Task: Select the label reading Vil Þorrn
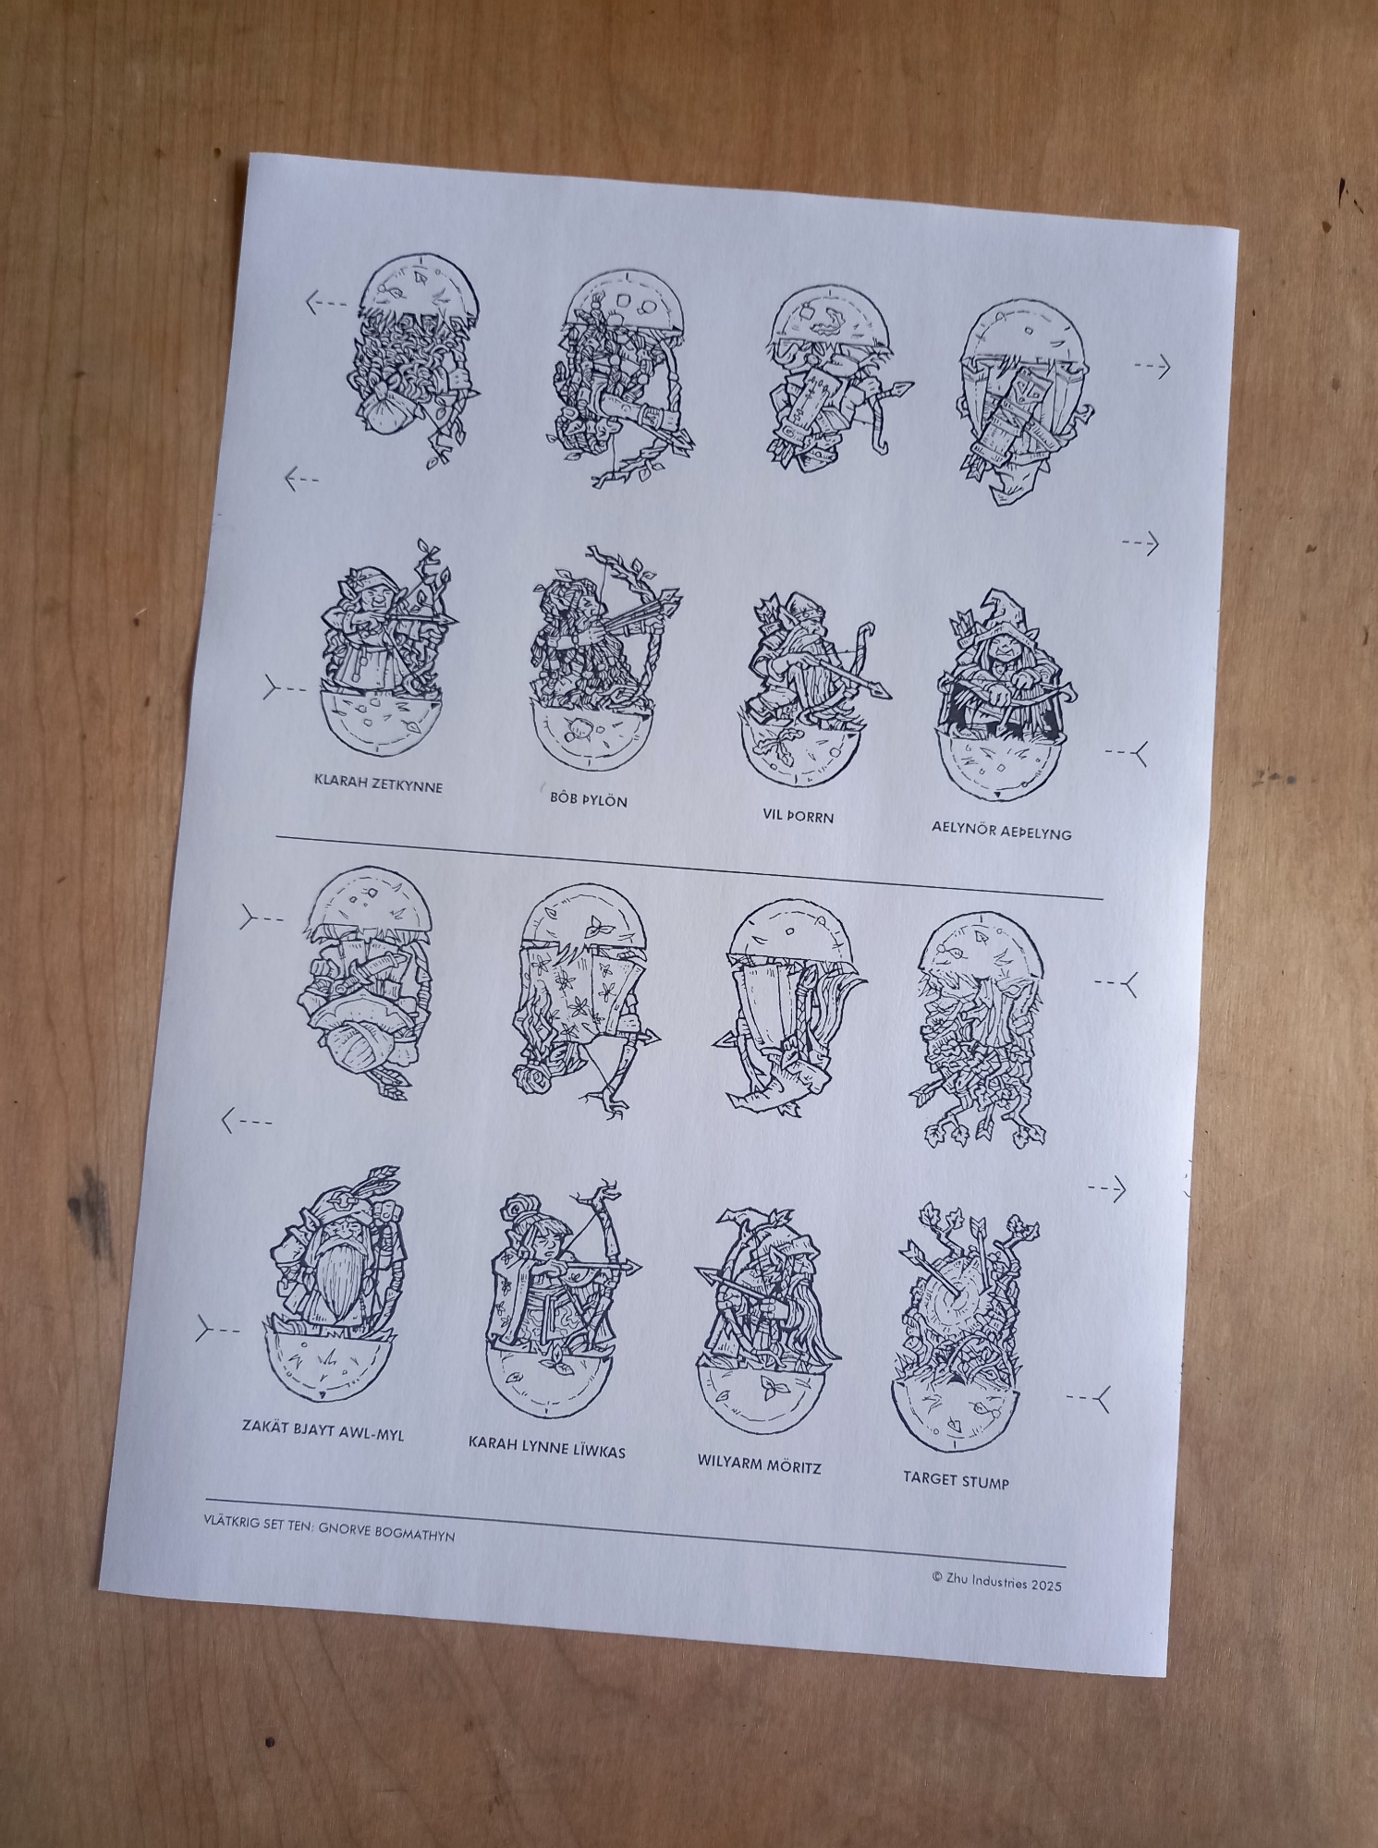click(799, 816)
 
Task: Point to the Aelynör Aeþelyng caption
click(1001, 832)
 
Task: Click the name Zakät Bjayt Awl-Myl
click(323, 1431)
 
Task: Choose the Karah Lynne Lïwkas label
click(546, 1447)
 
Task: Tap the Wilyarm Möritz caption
click(759, 1465)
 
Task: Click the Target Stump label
click(956, 1480)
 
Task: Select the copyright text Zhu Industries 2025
click(997, 1583)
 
